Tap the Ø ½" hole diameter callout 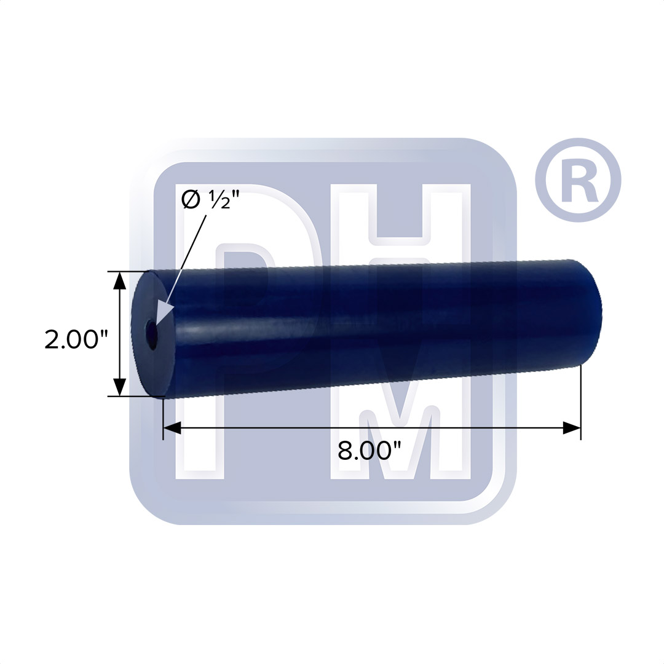(206, 200)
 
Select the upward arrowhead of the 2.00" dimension (120, 280)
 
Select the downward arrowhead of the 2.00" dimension (120, 387)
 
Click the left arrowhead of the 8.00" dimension (172, 428)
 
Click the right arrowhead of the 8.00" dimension (572, 428)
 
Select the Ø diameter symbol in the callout (191, 200)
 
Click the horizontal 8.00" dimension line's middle (371, 428)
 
